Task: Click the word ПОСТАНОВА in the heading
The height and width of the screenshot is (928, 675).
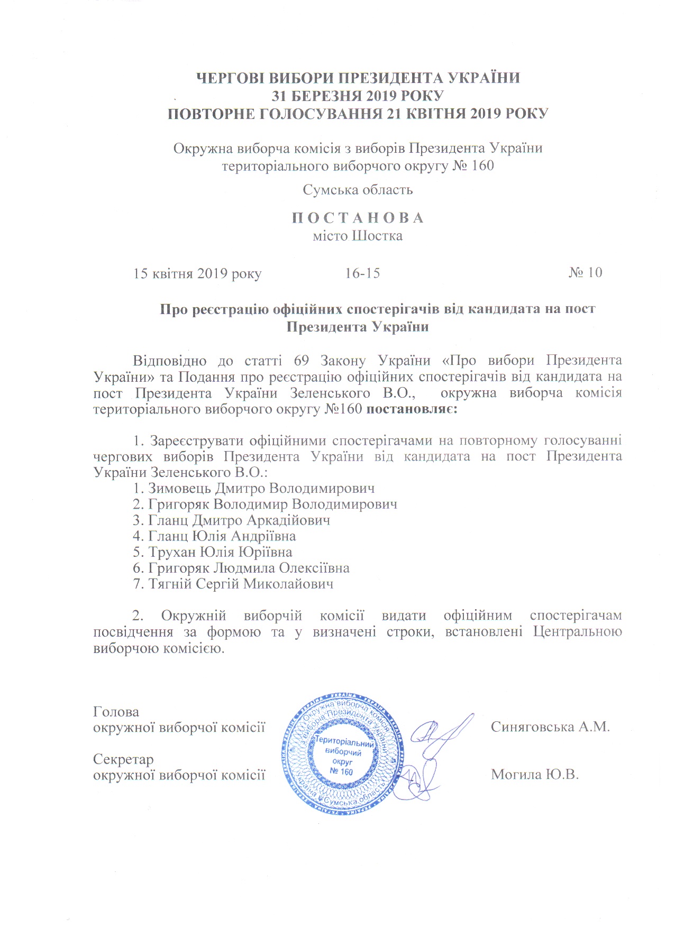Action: click(358, 218)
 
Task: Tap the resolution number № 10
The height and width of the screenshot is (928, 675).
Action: click(585, 272)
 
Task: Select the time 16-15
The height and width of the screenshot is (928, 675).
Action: click(362, 273)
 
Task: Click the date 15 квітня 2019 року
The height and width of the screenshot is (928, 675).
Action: click(197, 274)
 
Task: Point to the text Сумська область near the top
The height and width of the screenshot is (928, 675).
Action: click(358, 190)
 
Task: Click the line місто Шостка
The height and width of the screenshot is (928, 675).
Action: click(358, 236)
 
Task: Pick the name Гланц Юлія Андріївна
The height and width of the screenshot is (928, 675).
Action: click(222, 536)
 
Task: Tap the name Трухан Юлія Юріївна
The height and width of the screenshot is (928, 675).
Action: click(220, 552)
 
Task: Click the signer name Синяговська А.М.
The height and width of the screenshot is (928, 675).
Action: click(550, 727)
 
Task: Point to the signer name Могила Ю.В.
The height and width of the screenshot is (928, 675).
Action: click(535, 775)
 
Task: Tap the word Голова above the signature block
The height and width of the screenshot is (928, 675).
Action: click(116, 712)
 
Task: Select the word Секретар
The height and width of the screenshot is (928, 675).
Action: click(123, 759)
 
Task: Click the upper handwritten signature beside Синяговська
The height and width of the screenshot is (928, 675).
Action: click(442, 735)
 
